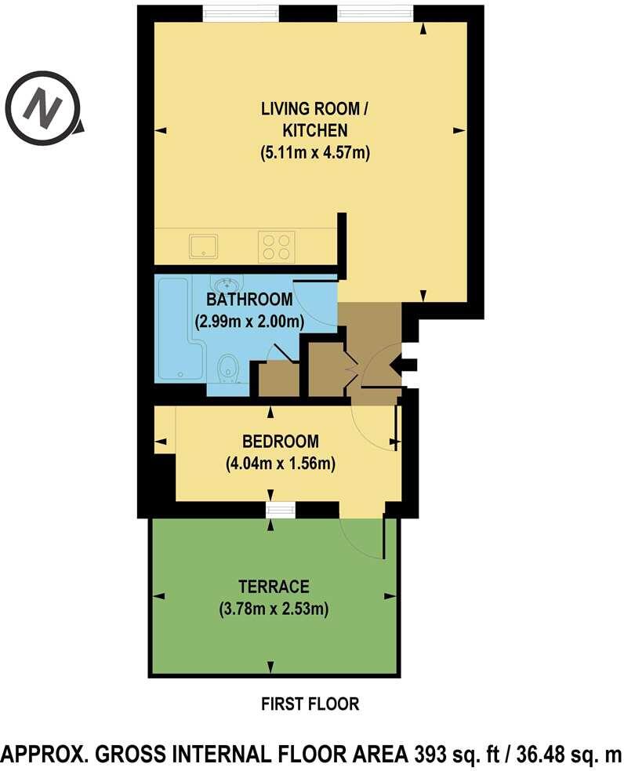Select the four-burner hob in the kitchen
pyautogui.click(x=276, y=246)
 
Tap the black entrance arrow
pyautogui.click(x=405, y=363)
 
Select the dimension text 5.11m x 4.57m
pyautogui.click(x=314, y=154)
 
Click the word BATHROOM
pyautogui.click(x=249, y=300)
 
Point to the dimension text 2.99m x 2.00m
pyautogui.click(x=249, y=321)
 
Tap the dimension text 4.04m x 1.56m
pyautogui.click(x=280, y=464)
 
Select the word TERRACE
pyautogui.click(x=274, y=586)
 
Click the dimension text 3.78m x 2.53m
pyautogui.click(x=274, y=608)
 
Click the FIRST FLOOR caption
pyautogui.click(x=310, y=704)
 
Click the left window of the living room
pyautogui.click(x=240, y=13)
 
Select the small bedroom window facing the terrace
pyautogui.click(x=279, y=511)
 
